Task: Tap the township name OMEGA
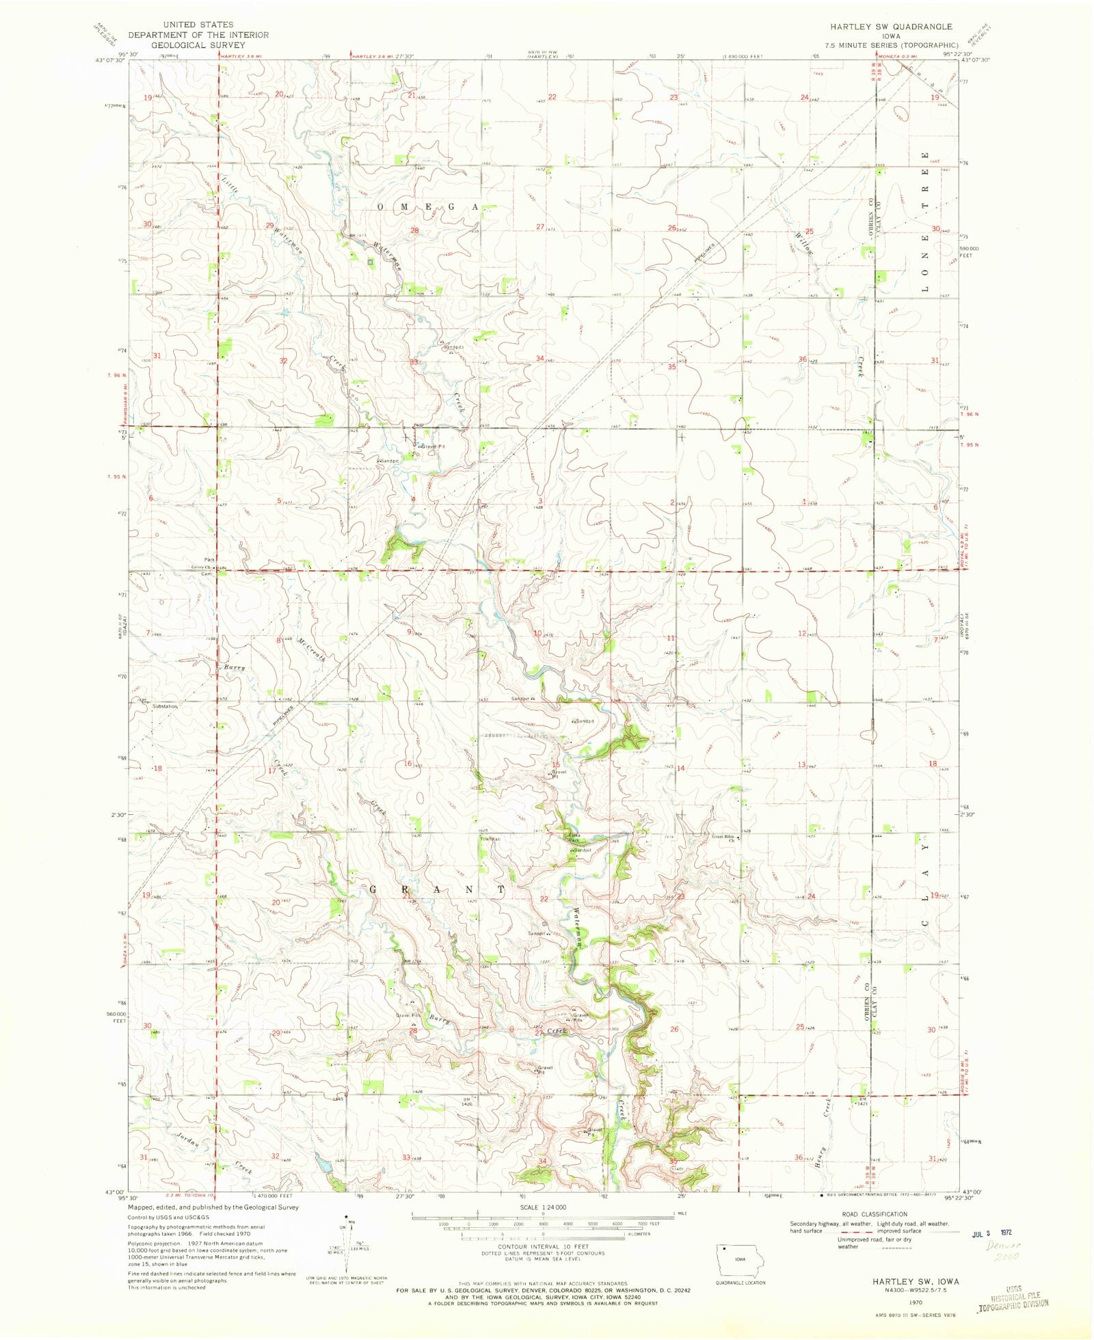(427, 206)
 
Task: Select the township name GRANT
(438, 889)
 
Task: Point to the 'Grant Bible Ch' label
(723, 838)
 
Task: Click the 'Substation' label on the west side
(165, 706)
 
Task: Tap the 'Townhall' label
(490, 838)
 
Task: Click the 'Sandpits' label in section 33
(453, 347)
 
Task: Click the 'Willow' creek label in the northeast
(804, 243)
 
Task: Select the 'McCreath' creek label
(311, 645)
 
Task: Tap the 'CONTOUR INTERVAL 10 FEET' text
(543, 1246)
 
